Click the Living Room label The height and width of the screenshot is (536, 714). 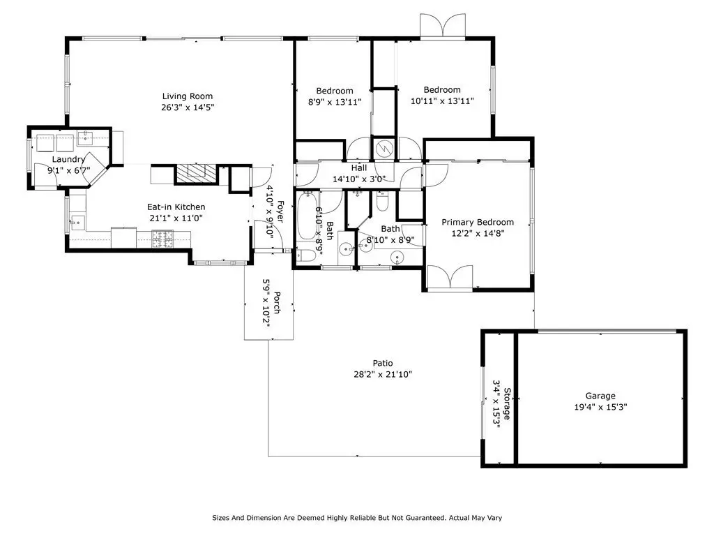(x=188, y=96)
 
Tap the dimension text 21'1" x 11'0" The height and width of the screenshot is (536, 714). (x=176, y=218)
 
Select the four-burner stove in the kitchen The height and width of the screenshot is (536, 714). (x=162, y=239)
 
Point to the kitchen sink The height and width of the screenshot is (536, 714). (x=77, y=223)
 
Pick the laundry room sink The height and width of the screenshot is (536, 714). (x=86, y=137)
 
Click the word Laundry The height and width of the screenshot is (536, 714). (x=68, y=159)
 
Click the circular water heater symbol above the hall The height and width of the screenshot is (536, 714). (x=384, y=148)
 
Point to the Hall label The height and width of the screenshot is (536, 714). (x=359, y=167)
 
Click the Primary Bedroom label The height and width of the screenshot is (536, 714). (x=478, y=223)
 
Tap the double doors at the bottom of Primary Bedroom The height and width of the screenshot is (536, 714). (x=450, y=278)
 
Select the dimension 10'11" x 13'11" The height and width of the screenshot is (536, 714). (x=442, y=101)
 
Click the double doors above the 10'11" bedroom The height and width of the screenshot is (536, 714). (x=443, y=26)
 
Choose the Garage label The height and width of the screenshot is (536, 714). (x=600, y=396)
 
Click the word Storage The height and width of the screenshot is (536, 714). (x=507, y=403)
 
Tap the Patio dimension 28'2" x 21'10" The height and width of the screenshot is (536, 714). (x=383, y=375)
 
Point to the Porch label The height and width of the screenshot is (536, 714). (x=278, y=303)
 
